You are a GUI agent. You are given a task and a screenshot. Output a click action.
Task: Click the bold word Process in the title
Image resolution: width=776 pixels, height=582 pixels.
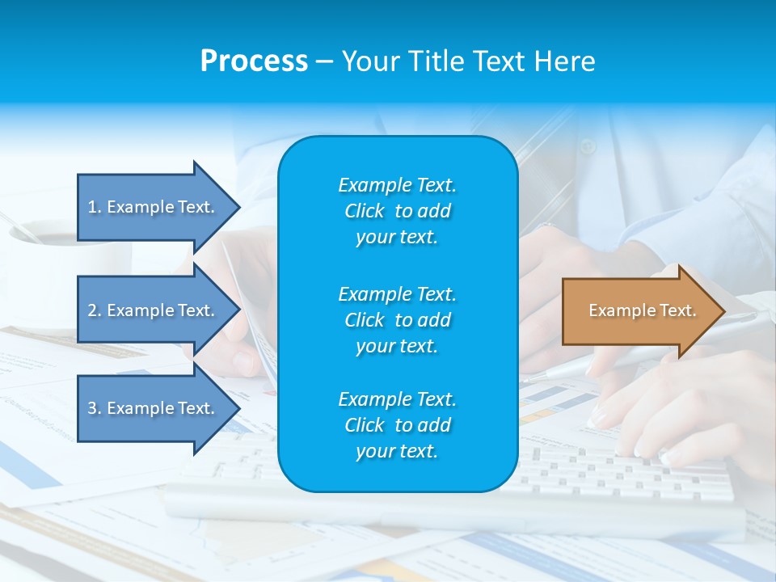pos(254,61)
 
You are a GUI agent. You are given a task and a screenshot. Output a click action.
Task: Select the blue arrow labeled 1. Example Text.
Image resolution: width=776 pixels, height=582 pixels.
pos(154,207)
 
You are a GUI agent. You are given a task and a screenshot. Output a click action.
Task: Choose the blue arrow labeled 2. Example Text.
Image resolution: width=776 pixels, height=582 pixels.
pos(154,310)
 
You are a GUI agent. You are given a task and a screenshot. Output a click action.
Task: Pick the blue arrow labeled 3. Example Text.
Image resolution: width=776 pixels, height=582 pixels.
pos(154,408)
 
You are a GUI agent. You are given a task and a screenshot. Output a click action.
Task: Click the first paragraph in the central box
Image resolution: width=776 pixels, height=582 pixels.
pos(397,211)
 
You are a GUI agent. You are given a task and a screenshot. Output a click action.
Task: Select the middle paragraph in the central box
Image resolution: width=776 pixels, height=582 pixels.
pos(397,320)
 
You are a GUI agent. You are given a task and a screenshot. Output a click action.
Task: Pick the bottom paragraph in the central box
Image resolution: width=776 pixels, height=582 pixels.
pos(397,425)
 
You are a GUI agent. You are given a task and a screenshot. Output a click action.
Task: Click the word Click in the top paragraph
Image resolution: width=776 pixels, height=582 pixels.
pos(364,211)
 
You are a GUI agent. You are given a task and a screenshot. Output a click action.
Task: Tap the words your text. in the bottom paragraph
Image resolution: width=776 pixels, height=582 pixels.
pos(397,451)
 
